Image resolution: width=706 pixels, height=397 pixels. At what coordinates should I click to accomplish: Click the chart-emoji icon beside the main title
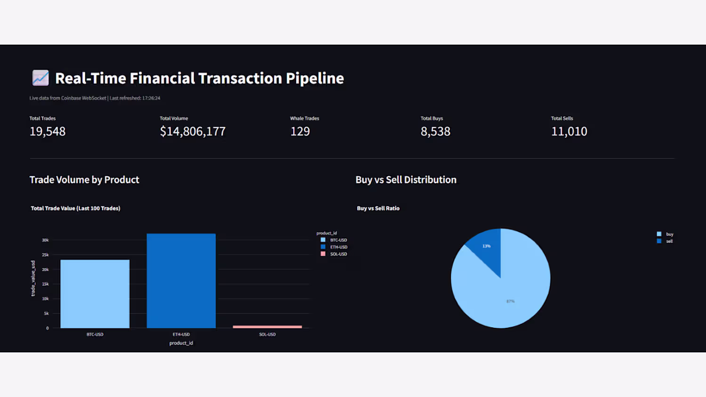(x=40, y=78)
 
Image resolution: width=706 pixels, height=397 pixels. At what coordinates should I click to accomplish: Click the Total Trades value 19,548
(x=48, y=132)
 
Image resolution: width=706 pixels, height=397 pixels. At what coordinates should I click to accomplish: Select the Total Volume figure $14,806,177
(x=193, y=132)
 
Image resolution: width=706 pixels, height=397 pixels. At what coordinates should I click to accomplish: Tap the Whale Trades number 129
(x=300, y=132)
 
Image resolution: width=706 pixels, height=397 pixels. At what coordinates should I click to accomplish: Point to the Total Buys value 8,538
(x=435, y=132)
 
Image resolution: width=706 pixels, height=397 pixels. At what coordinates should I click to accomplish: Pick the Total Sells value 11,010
(x=569, y=132)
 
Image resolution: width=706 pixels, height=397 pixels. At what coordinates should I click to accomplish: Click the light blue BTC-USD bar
(x=95, y=294)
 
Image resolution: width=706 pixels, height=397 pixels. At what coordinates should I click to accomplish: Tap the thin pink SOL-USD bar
(x=267, y=326)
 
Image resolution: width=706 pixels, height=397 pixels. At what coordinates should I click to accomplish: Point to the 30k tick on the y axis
(x=45, y=240)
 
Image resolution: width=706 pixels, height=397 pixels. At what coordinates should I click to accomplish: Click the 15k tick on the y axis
(x=45, y=284)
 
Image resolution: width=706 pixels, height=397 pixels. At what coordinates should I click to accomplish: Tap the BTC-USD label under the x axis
(x=95, y=334)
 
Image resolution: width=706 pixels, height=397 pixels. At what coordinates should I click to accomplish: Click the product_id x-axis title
(x=181, y=343)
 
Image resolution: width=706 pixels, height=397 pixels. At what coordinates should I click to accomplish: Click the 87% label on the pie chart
(x=510, y=301)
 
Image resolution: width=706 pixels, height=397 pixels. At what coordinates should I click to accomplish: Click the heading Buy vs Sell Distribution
(x=406, y=180)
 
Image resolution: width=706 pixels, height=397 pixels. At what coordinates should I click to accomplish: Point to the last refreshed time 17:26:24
(x=151, y=98)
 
